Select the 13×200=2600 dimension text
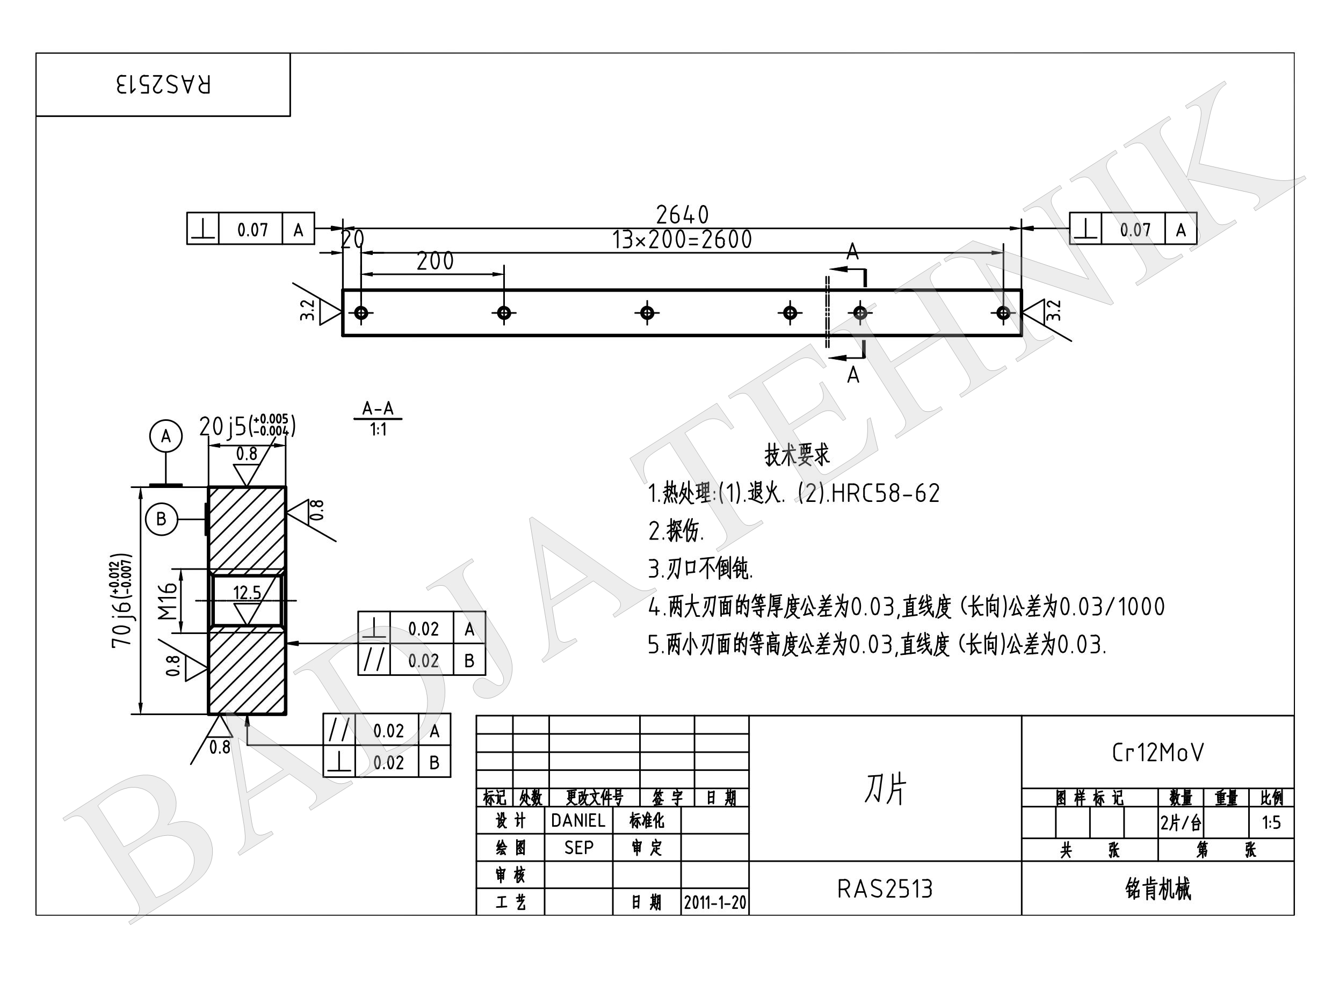pos(683,240)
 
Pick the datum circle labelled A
pos(165,436)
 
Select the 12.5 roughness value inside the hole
pos(247,593)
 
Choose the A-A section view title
pos(378,409)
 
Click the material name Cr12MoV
pos(1157,753)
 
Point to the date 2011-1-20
pos(714,902)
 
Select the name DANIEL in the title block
pos(578,821)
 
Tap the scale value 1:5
pos(1271,823)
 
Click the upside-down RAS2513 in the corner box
pos(163,85)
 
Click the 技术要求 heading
pos(797,455)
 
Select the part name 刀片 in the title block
pos(885,789)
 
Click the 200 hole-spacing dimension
pos(435,261)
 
